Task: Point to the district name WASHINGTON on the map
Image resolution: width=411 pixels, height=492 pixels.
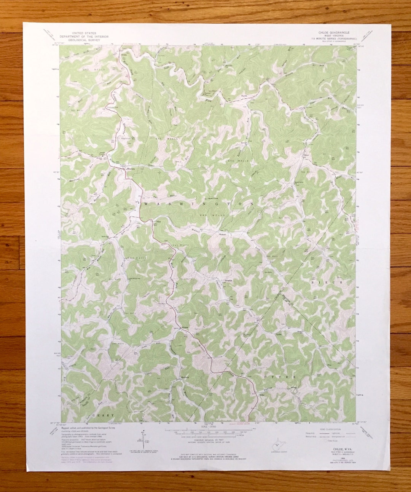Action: (199, 204)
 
